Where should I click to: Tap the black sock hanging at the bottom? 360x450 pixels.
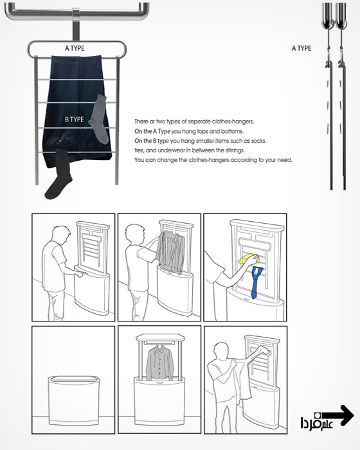coord(59,174)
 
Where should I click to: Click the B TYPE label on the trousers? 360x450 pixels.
coord(75,120)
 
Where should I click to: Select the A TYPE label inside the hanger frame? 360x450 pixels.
coord(75,48)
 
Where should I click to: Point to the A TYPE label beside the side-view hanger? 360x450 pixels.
coord(301,48)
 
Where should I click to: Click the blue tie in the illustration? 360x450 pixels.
coord(256,282)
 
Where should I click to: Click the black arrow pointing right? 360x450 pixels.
coord(337,415)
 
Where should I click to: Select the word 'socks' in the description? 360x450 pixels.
coord(258,141)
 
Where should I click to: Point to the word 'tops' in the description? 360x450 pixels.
coord(202,132)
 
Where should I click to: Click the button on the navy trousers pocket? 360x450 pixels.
coord(60,141)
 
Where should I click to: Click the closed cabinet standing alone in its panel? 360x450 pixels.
coord(73,401)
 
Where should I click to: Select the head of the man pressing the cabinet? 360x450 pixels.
coord(62,235)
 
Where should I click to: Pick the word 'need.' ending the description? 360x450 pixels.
coord(285,160)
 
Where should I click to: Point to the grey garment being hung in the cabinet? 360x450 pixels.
coord(170,252)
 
